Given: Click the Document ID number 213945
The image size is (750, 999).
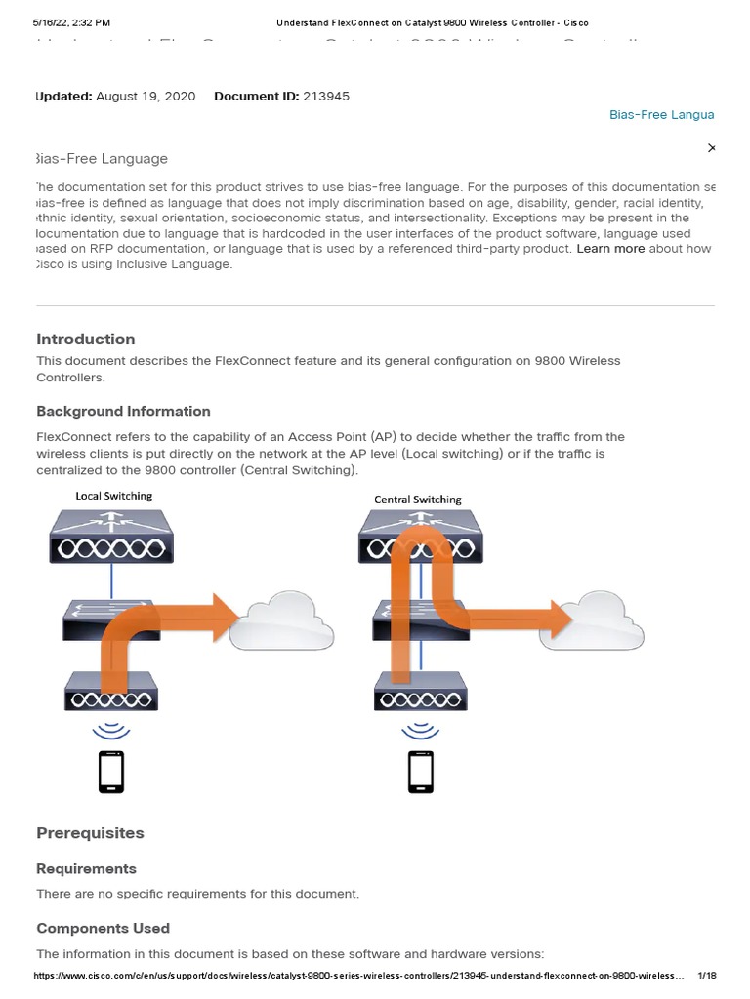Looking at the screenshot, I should [x=327, y=96].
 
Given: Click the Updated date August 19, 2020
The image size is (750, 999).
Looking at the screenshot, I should [x=146, y=96].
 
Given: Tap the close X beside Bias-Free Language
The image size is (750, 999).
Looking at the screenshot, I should [x=711, y=147].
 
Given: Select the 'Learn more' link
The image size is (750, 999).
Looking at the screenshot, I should [x=610, y=249].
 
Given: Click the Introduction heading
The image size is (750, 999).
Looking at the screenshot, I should [x=86, y=340].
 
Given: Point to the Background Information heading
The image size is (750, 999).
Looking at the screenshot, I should [x=123, y=411].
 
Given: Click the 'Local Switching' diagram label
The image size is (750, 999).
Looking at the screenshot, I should [x=114, y=496].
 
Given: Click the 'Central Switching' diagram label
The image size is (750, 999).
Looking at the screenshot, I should [x=418, y=499].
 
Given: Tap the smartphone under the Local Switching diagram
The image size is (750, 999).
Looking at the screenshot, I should [x=111, y=772].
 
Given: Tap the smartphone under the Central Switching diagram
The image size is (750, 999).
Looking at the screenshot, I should [x=421, y=772].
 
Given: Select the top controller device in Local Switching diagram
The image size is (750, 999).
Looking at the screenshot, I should [x=112, y=540].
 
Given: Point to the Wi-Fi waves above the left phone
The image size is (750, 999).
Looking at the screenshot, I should [x=111, y=730].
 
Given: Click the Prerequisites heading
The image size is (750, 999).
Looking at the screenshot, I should [x=90, y=833].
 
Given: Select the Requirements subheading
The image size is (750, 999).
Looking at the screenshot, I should [x=86, y=868].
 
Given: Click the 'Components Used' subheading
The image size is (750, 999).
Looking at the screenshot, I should [x=103, y=928].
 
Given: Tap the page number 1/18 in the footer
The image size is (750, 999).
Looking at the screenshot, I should [x=707, y=975].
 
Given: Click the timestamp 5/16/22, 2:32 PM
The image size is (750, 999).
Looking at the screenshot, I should [x=71, y=21].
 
